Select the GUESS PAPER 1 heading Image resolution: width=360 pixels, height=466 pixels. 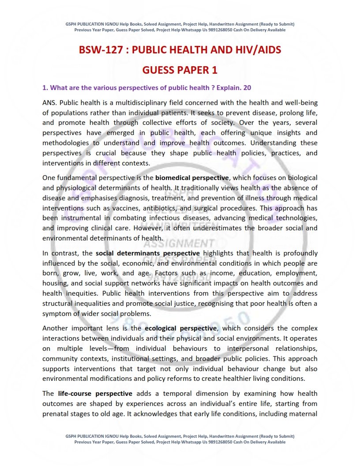tap(180, 70)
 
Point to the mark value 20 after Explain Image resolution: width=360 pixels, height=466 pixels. tap(247, 87)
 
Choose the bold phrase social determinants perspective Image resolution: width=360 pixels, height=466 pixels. tap(147, 253)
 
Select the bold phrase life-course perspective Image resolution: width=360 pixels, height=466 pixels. tap(95, 393)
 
